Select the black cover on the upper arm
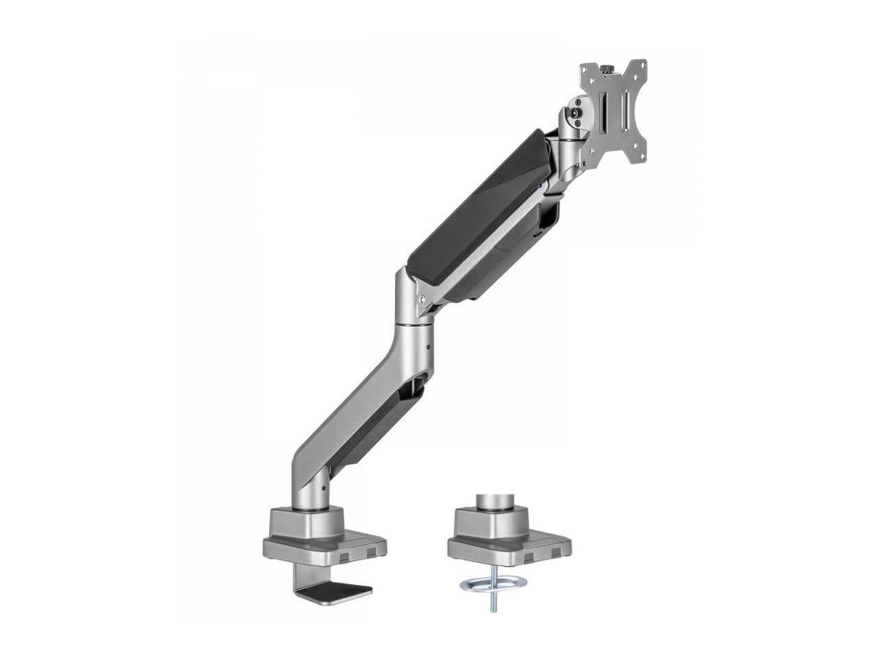coord(474,206)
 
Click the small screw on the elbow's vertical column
coord(430,348)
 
